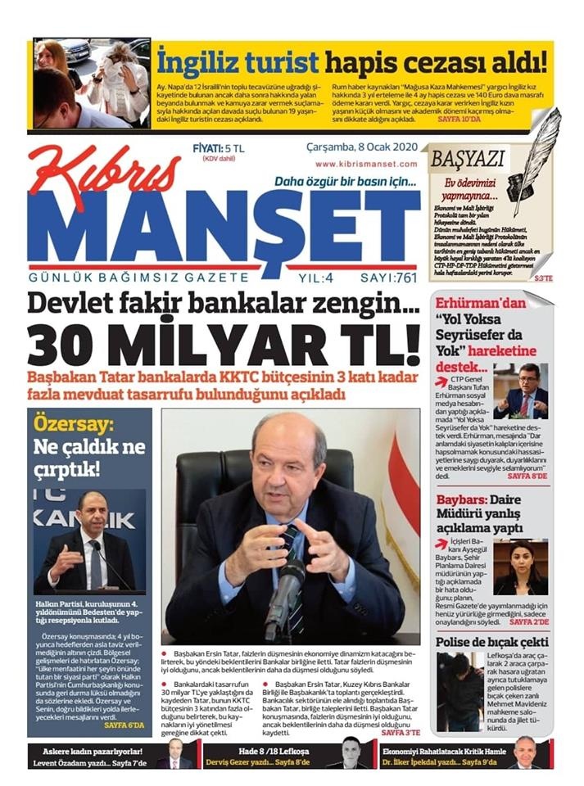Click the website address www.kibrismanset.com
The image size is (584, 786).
366,164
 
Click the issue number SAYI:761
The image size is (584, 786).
383,277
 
